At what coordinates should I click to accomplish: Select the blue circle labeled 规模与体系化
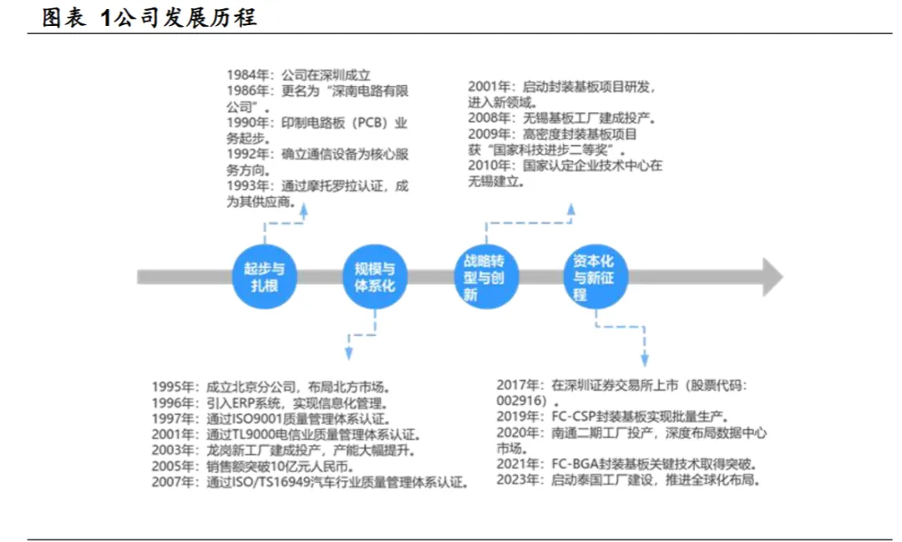pos(375,276)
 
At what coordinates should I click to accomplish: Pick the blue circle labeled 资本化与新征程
pos(595,277)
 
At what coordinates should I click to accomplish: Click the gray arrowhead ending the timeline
pos(773,277)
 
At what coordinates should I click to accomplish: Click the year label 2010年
pos(493,165)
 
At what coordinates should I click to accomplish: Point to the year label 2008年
pos(493,118)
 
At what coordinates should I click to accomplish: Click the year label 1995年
pos(175,387)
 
